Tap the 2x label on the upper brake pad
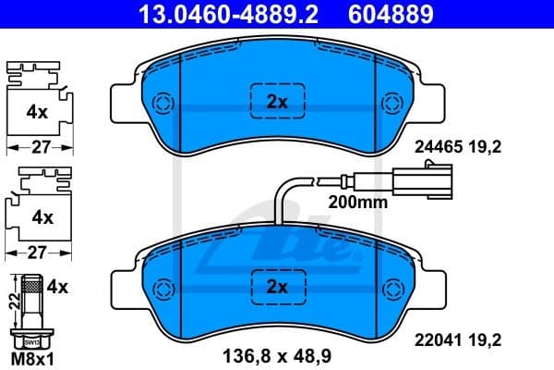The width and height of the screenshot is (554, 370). (277, 103)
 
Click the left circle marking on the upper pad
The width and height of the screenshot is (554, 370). (163, 103)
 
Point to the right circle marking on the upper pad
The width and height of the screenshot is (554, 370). (392, 103)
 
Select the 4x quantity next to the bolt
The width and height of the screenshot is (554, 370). (57, 287)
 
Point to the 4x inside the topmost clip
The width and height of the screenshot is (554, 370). (37, 112)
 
